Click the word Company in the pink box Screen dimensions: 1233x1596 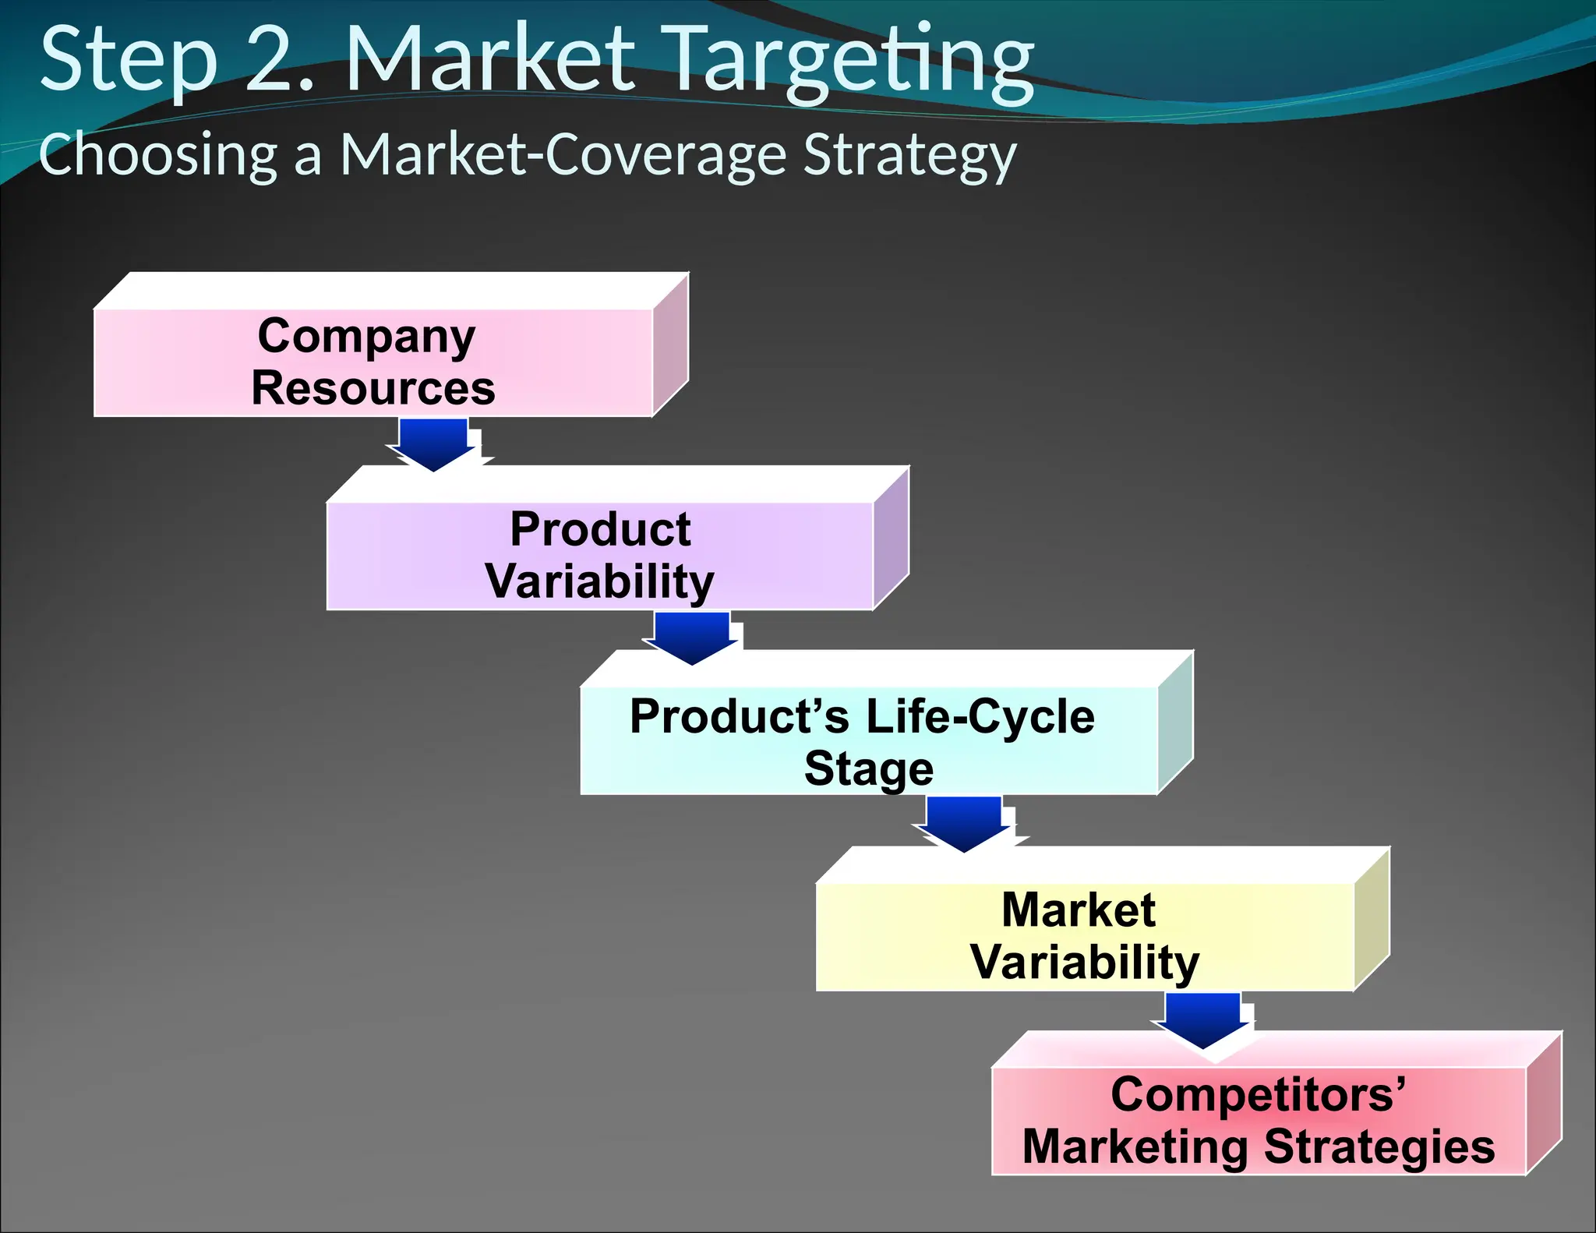click(366, 337)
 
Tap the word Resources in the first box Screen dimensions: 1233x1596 click(373, 388)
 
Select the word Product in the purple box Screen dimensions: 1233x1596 click(600, 530)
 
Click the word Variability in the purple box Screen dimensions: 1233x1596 click(599, 581)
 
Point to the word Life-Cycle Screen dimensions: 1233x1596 click(980, 717)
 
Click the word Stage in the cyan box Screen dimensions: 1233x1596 click(869, 769)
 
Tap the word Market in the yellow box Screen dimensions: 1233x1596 click(1079, 910)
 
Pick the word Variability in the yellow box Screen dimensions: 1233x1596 click(1085, 963)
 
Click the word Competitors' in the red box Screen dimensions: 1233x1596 click(1258, 1095)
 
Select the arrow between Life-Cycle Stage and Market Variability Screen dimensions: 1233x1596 click(965, 823)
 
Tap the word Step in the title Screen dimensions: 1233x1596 click(129, 61)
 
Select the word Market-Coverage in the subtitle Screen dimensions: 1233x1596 click(563, 154)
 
